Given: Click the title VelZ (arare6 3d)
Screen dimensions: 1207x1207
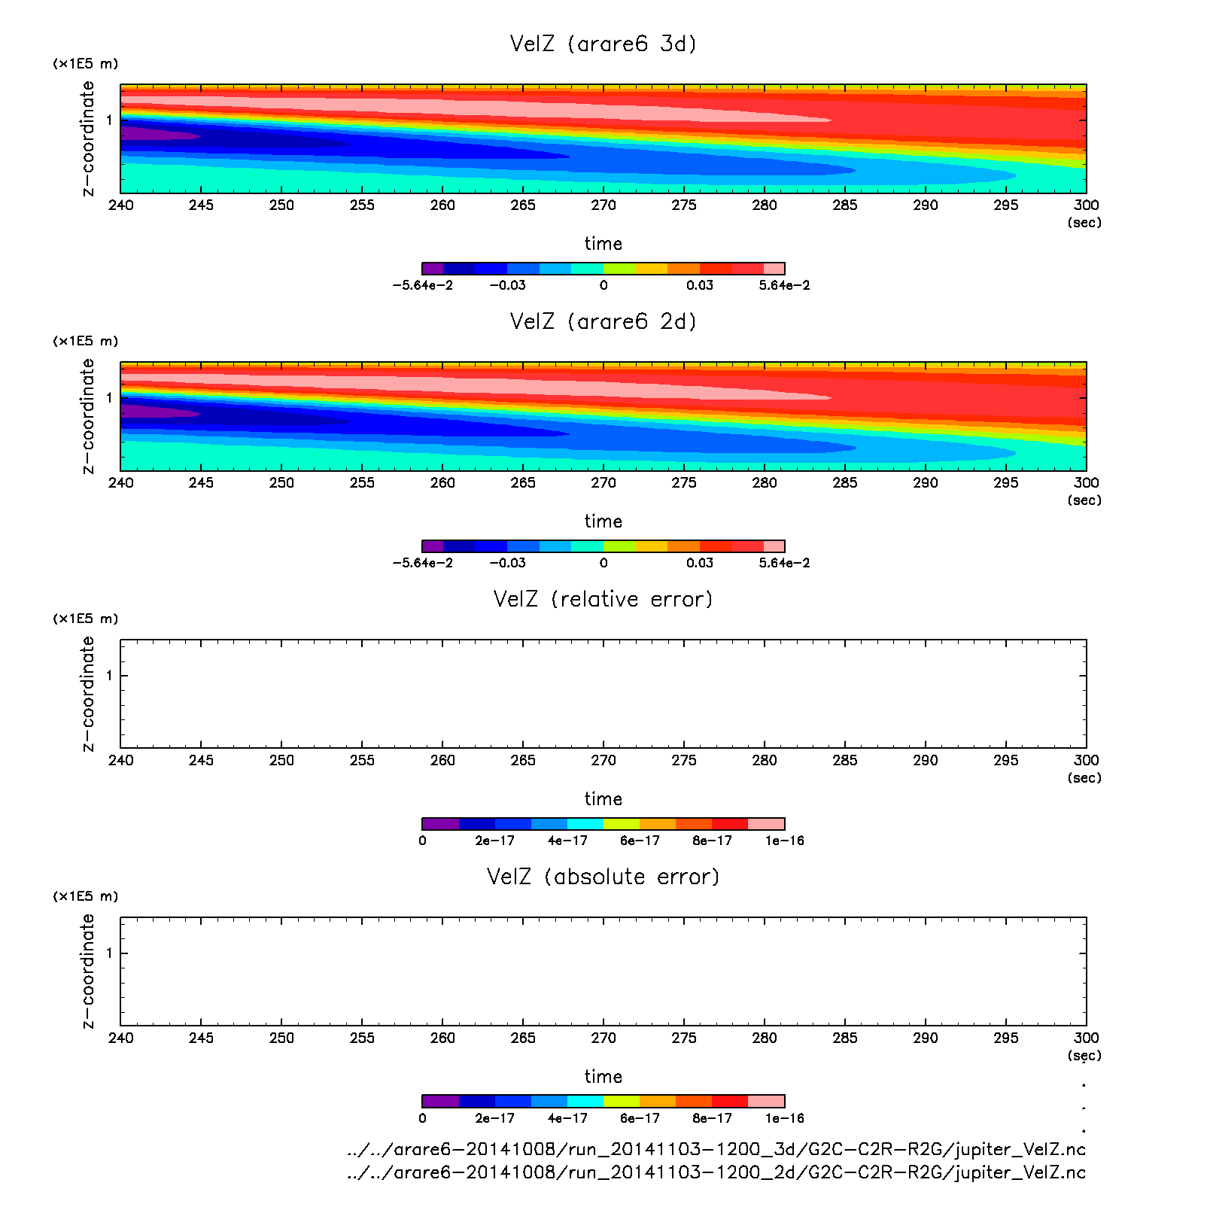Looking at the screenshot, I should point(603,44).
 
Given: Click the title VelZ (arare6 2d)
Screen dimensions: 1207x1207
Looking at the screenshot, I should point(603,321).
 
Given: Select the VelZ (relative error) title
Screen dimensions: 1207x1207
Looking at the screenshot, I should point(603,599).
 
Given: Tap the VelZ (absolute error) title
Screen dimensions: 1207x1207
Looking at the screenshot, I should point(603,877).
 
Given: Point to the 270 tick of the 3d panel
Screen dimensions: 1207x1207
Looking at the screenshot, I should point(603,205).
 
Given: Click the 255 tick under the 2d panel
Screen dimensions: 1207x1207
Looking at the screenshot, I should point(362,483).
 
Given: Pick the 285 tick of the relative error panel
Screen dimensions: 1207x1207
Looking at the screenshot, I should point(845,761).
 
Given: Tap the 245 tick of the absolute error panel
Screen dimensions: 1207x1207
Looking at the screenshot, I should point(201,1038).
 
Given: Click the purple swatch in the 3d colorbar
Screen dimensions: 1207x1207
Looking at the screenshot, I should point(433,269).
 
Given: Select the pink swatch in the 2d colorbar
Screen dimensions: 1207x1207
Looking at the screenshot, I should point(774,546).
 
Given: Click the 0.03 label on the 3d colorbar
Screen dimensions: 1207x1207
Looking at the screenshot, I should point(700,286).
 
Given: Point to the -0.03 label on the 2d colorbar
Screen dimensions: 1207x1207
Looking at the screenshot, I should point(507,564).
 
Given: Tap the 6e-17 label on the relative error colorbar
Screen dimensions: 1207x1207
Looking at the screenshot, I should point(640,841).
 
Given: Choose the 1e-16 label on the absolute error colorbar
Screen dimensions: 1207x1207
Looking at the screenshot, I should point(785,1119).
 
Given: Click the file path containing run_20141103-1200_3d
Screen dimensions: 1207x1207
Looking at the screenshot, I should point(716,1150).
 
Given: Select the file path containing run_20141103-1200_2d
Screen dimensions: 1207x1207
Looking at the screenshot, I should point(716,1172).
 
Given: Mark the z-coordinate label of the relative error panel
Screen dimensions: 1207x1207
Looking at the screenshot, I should point(89,694).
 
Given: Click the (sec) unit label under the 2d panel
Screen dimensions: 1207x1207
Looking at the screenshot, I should point(1084,500).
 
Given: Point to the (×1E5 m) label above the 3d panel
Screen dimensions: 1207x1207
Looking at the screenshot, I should point(85,64).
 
